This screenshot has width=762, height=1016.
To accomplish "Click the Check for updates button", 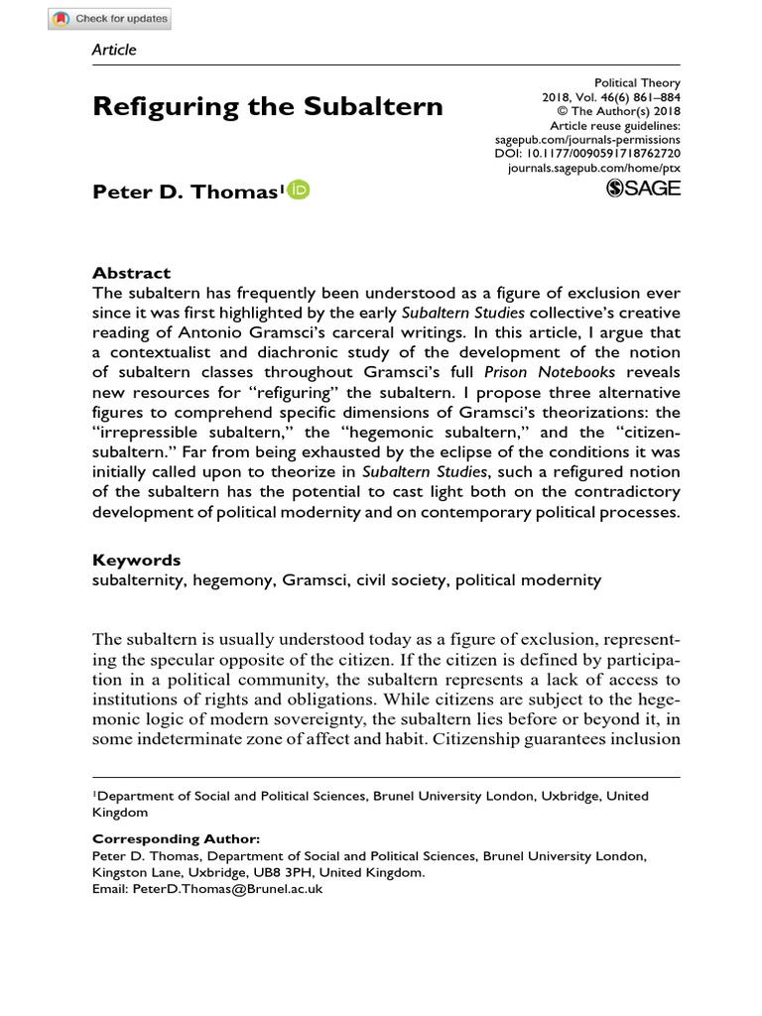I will pyautogui.click(x=110, y=19).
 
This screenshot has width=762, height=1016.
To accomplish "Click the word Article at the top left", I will pyautogui.click(x=114, y=50).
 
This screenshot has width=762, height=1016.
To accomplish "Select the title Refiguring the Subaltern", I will pyautogui.click(x=268, y=106).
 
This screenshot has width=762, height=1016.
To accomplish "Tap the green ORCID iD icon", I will pyautogui.click(x=298, y=190).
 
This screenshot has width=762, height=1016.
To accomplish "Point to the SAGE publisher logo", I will pyautogui.click(x=642, y=189).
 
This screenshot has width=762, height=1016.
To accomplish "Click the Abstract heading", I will pyautogui.click(x=131, y=272).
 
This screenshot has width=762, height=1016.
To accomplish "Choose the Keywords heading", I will pyautogui.click(x=137, y=560).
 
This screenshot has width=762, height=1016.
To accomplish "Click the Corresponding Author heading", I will pyautogui.click(x=176, y=838).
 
